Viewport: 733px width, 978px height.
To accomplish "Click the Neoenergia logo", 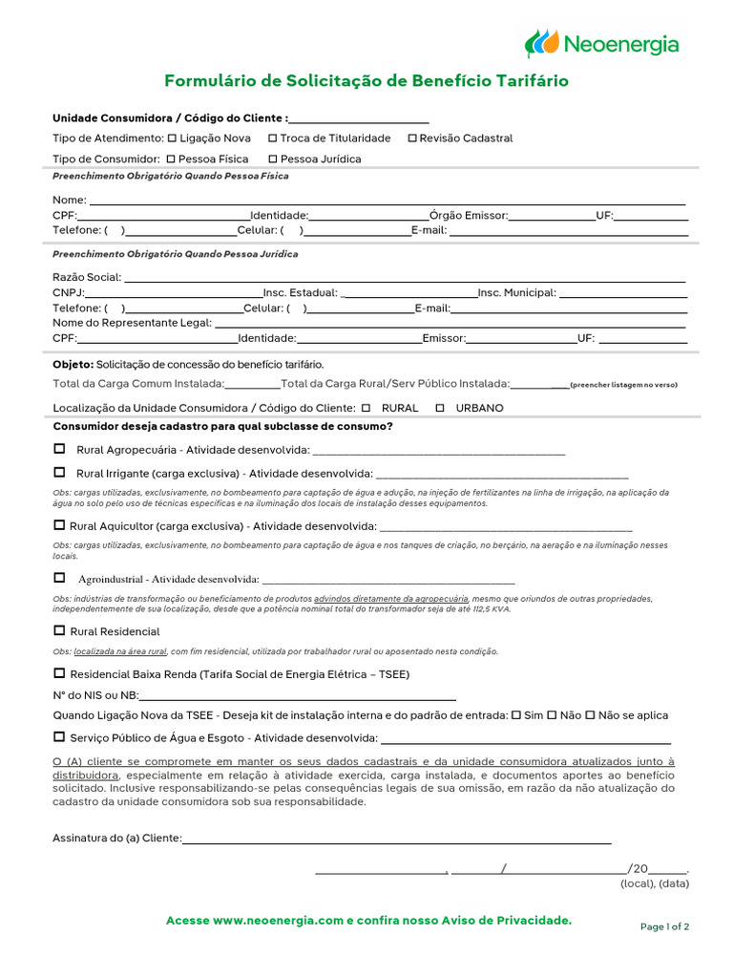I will pos(601,44).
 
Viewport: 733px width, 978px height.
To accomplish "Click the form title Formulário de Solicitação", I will pos(366,81).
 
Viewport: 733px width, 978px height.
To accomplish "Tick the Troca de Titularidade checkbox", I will pos(272,138).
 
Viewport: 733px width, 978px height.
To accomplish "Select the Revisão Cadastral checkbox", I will pos(412,138).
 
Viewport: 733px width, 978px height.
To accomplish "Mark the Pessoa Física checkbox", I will pos(171,159).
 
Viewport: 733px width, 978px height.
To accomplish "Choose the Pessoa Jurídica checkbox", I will pos(273,159).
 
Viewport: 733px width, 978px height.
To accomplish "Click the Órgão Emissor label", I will pos(469,216).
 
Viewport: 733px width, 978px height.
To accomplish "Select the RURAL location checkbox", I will pos(366,408).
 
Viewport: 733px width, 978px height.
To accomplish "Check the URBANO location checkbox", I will pos(440,408).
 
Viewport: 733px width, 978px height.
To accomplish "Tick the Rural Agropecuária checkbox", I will pos(59,449).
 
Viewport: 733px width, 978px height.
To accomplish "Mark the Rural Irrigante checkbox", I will pos(59,473).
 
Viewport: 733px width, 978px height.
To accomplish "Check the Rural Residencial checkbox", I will pos(59,630).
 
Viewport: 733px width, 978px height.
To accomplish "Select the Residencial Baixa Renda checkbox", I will pos(59,673).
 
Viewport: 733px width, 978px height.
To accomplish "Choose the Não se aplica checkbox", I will pos(590,714).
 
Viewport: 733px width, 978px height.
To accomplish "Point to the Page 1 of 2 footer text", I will pos(664,926).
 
